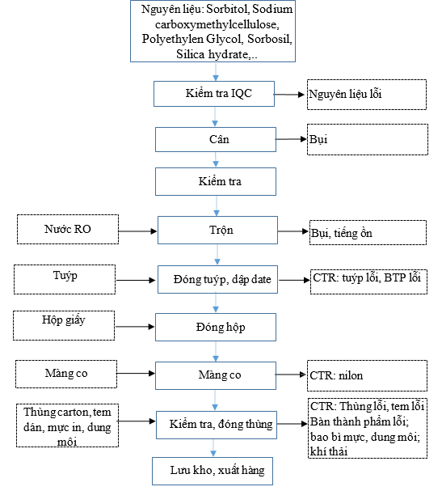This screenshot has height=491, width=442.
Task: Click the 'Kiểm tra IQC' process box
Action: pos(214,94)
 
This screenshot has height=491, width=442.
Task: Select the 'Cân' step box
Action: pos(216,139)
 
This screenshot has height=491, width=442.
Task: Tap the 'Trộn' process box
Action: pos(217,230)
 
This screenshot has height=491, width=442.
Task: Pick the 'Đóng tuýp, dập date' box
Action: pos(217,279)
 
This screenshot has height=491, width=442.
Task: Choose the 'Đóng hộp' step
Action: pos(216,327)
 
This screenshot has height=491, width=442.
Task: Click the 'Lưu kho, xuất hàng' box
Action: pos(213,471)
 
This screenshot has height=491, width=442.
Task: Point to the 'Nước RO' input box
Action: pos(68,229)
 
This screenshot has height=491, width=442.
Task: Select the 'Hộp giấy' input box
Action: pos(64,325)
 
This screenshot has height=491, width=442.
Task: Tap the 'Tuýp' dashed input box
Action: pos(65,279)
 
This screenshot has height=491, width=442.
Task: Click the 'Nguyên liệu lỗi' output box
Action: pos(367,95)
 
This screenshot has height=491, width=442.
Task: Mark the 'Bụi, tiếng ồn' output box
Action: pos(368,232)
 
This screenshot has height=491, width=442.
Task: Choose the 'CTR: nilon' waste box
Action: pos(367,375)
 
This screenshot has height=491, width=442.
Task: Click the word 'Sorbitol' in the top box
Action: pos(227,9)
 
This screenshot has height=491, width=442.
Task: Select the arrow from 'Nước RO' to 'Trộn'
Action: pos(137,231)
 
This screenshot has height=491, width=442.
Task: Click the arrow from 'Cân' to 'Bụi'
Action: pos(291,139)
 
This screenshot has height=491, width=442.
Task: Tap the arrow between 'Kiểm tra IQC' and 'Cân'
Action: pos(215,116)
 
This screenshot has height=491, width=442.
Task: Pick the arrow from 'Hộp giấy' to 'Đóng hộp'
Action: pos(135,327)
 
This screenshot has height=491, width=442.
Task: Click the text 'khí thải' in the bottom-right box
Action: pos(329,451)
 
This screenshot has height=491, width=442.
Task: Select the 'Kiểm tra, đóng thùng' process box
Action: pos(217,425)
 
